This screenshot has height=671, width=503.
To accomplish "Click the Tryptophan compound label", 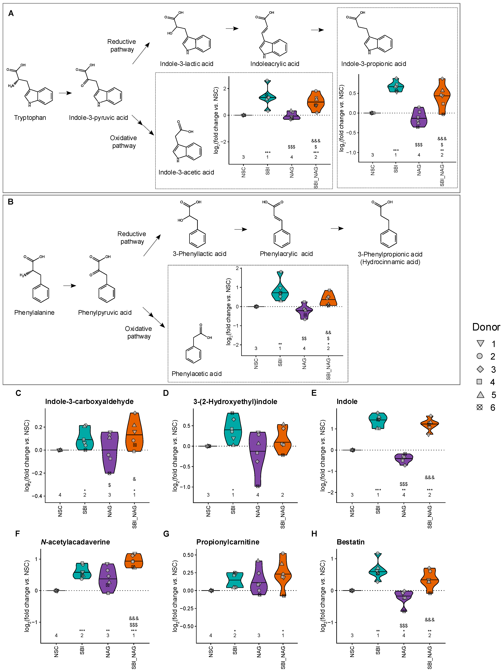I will pos(30,118).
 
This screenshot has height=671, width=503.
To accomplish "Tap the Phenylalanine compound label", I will pos(34,313).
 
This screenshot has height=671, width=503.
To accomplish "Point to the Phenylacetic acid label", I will pos(196,374).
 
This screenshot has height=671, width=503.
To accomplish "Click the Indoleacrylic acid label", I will pos(275,64).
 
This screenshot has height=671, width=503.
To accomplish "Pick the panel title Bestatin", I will pos(351,542).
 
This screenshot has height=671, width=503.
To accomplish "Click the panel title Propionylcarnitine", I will pos(228,542).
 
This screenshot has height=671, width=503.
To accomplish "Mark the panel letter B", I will pos(11,202).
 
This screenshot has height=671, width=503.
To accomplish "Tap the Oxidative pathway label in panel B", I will pos(139,333).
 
